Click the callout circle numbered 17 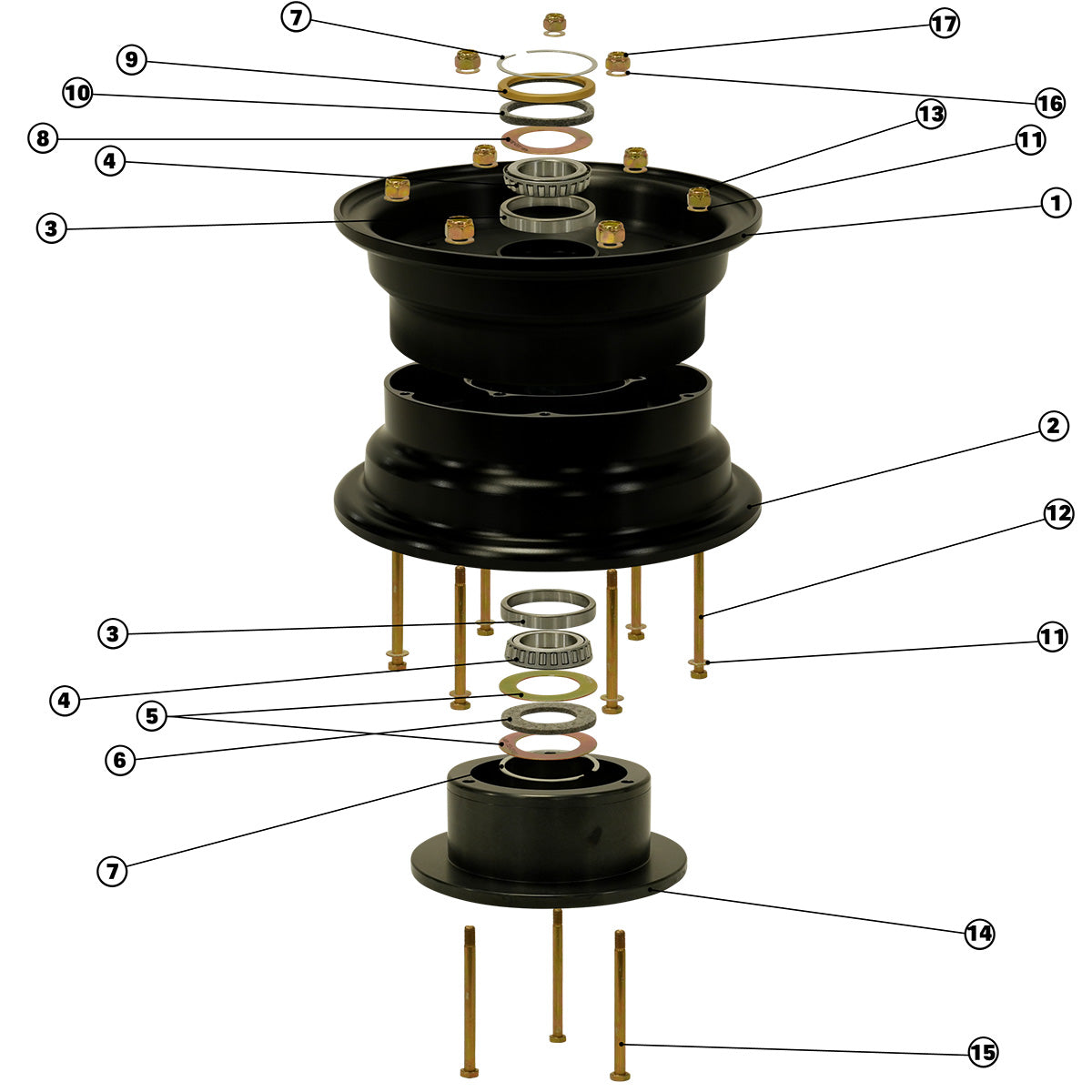click(x=944, y=24)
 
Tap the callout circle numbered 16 click(x=1049, y=103)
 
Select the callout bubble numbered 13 click(x=931, y=115)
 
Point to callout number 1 click(x=1056, y=203)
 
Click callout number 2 click(x=1053, y=426)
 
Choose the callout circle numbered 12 click(x=1058, y=514)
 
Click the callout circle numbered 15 click(x=983, y=1052)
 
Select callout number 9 click(x=131, y=59)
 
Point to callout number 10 click(x=77, y=93)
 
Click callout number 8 click(x=43, y=138)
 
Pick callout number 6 click(x=120, y=760)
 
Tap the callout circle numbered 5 click(x=152, y=716)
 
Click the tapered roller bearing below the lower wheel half click(x=548, y=650)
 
